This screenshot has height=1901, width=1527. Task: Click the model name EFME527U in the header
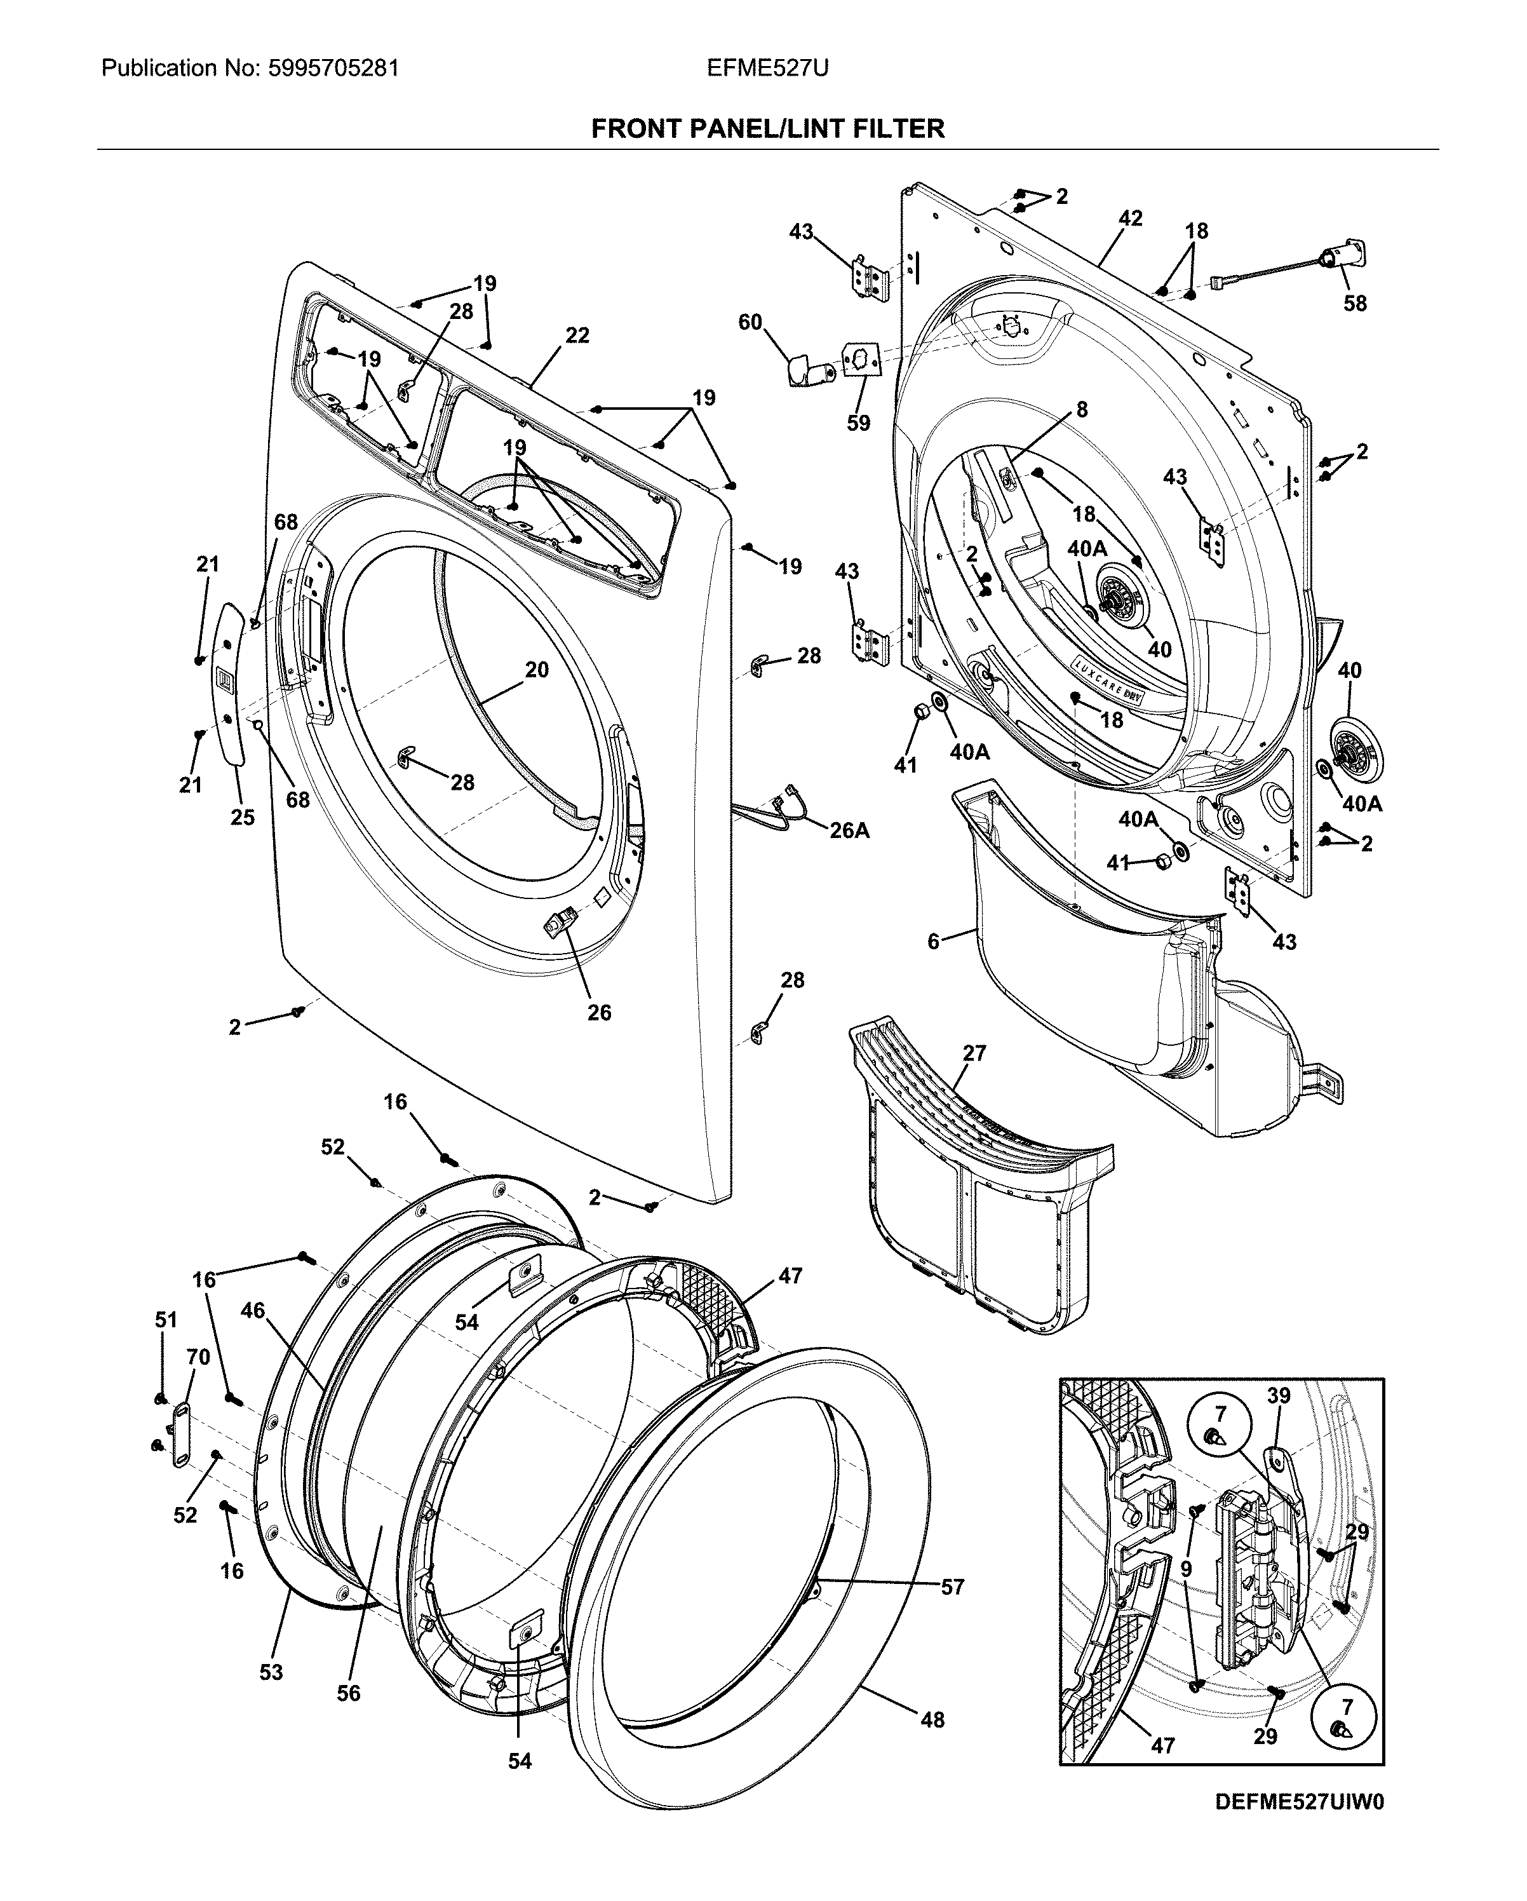coord(767,68)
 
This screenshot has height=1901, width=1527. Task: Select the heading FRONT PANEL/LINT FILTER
coord(767,129)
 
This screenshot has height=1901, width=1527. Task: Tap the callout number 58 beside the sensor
coord(1355,302)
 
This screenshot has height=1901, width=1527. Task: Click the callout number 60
coord(750,323)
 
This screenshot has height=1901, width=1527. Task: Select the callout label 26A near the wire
coord(849,830)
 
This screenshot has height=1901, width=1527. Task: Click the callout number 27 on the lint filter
coord(974,1053)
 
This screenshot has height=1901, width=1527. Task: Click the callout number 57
coord(952,1587)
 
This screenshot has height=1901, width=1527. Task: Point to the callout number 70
coord(198,1357)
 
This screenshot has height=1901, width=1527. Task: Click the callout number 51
coord(166,1320)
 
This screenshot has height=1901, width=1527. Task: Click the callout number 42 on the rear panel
coord(1129,218)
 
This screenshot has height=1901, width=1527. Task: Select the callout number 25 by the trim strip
coord(243,816)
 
